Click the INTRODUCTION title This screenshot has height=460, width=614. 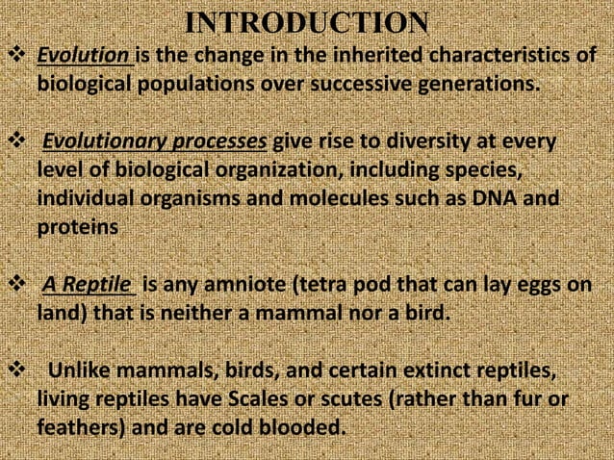tap(306, 22)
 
